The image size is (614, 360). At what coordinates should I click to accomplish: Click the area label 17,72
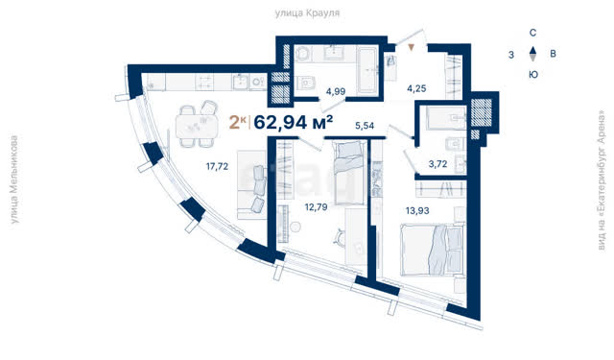tap(217, 166)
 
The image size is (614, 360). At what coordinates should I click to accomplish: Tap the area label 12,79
tap(316, 206)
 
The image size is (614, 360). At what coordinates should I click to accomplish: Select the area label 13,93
tap(417, 211)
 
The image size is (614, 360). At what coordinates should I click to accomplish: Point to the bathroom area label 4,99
tap(336, 91)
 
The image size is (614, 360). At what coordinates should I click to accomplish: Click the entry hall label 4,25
tap(416, 88)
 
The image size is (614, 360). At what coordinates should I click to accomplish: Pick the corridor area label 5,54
tap(365, 126)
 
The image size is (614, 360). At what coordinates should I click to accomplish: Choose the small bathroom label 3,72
tap(437, 164)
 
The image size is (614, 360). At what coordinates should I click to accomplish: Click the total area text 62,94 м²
tap(294, 123)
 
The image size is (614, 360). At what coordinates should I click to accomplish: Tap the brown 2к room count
tap(238, 123)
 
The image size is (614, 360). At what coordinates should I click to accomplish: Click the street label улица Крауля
tap(307, 13)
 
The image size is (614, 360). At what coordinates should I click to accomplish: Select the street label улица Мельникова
tap(14, 180)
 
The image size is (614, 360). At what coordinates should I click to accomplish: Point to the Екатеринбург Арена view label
tap(602, 180)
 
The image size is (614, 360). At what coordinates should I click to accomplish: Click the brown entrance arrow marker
tap(411, 48)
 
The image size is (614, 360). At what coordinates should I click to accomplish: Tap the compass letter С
tap(532, 33)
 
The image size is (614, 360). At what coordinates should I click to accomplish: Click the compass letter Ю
tap(533, 75)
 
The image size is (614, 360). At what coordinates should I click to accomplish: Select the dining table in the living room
tap(197, 126)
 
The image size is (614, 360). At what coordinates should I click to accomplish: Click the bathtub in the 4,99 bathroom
tap(368, 70)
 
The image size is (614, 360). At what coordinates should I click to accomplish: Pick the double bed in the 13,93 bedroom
tap(432, 250)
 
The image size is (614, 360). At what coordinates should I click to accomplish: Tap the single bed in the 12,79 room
tap(349, 173)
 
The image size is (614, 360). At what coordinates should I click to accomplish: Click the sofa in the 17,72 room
tap(251, 184)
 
